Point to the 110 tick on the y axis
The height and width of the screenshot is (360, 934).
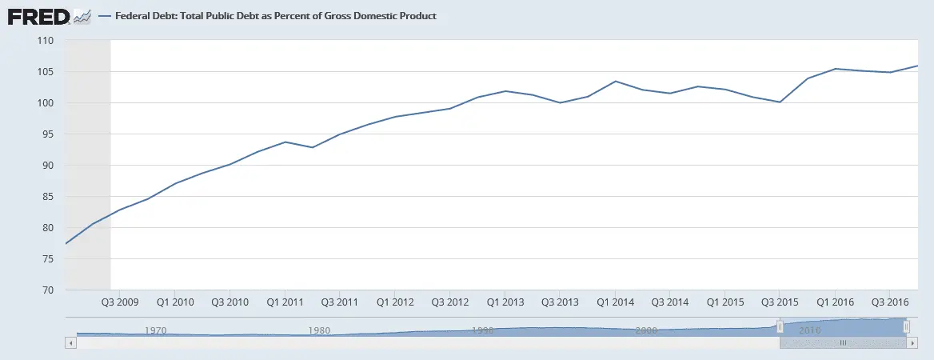[x=45, y=41]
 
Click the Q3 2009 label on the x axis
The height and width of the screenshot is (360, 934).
[x=119, y=302]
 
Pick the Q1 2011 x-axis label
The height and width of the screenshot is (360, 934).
[x=284, y=302]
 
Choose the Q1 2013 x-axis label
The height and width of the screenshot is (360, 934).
[x=505, y=302]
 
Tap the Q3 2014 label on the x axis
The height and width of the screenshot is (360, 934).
[x=670, y=302]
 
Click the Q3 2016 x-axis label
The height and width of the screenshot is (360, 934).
[x=890, y=302]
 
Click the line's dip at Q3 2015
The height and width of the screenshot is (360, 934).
[x=780, y=102]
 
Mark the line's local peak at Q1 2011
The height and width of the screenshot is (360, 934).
[x=285, y=142]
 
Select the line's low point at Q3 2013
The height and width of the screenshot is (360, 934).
[x=561, y=102]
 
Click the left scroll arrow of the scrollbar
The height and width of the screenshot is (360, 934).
[x=70, y=342]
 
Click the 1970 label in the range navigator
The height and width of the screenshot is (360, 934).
[x=155, y=330]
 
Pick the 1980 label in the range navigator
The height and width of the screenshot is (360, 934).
[x=319, y=330]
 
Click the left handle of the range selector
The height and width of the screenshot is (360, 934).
[x=780, y=326]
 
